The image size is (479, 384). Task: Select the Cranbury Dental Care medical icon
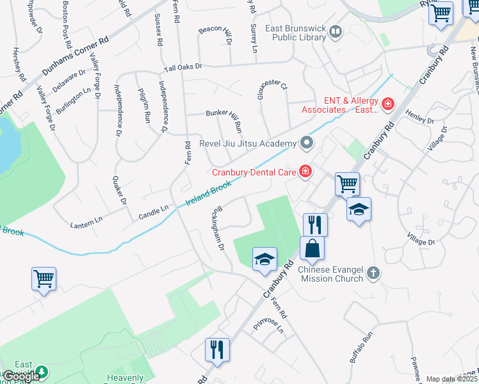point(305,171)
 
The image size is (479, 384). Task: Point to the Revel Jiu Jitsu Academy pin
point(307,143)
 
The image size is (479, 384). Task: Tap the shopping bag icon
point(312,248)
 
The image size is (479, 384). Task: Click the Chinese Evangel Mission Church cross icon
point(374,274)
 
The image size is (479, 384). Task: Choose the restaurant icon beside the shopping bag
point(315,225)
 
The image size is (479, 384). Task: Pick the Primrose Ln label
point(268,325)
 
